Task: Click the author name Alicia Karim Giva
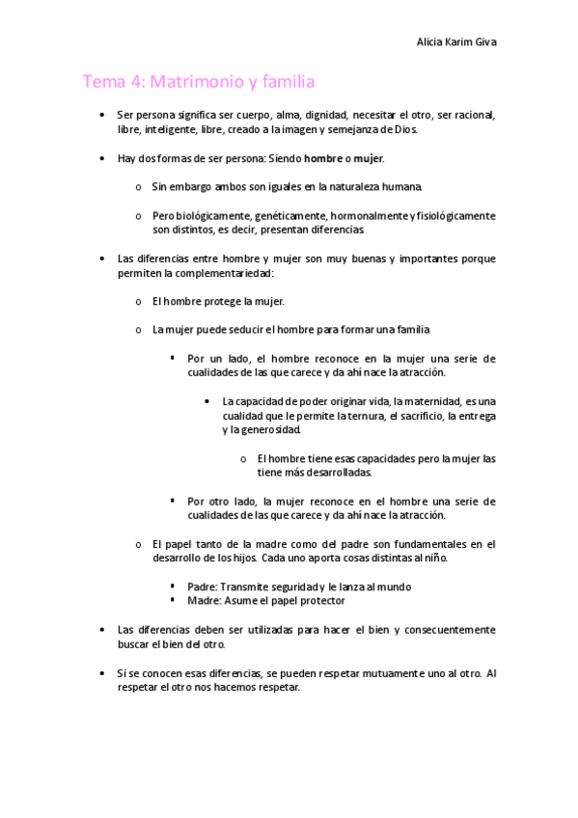pos(455,42)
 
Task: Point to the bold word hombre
pos(322,157)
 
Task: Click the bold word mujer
pos(370,157)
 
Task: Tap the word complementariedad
pos(229,273)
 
